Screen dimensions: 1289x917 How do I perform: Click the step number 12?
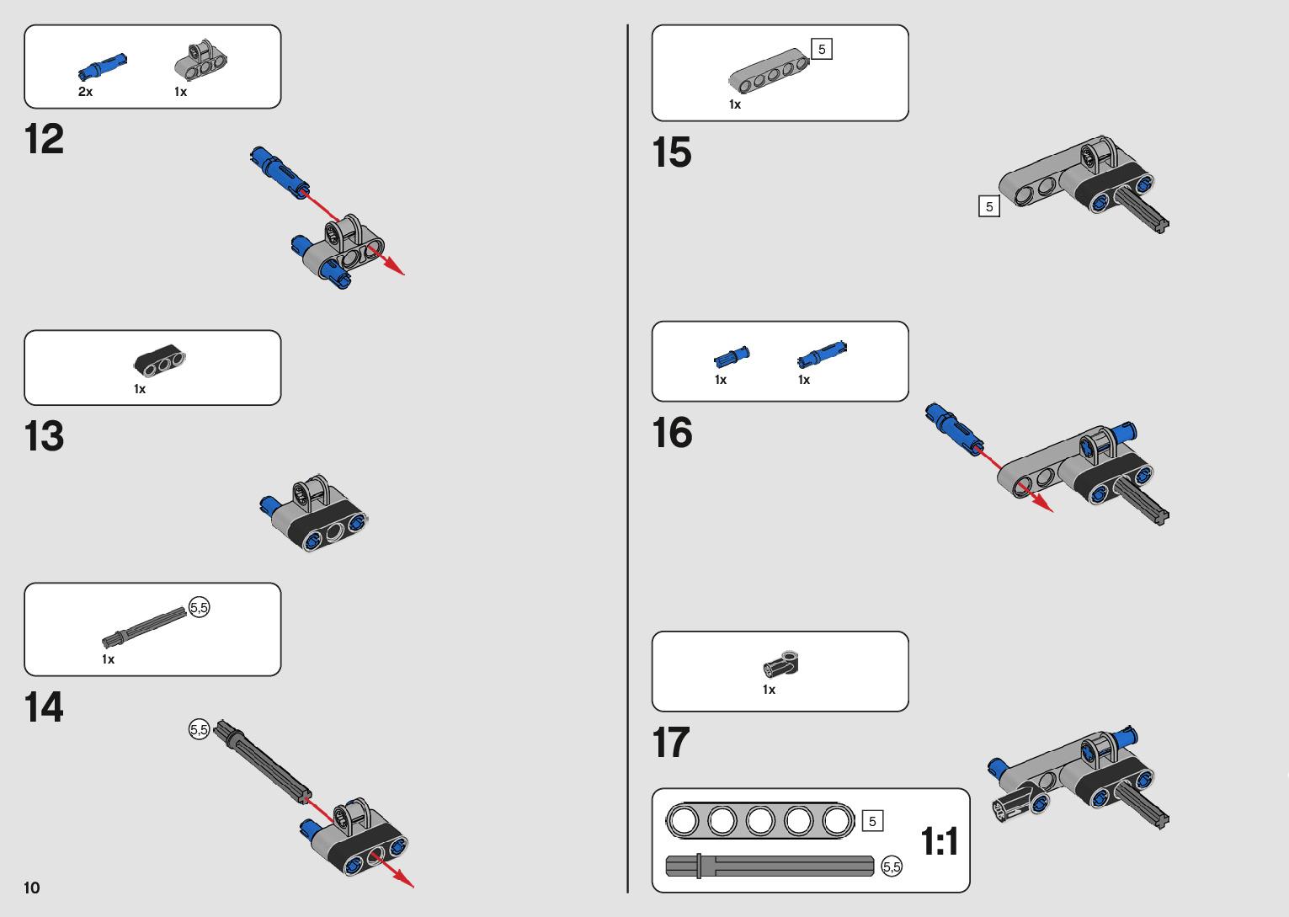tap(44, 139)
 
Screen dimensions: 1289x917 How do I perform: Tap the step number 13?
tap(44, 436)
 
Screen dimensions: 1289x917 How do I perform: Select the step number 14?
tap(44, 707)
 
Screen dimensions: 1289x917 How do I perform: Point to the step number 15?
tap(671, 153)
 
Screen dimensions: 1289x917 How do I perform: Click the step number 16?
tap(672, 433)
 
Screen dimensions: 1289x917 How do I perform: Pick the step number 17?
tap(671, 743)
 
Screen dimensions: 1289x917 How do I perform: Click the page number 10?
tap(32, 888)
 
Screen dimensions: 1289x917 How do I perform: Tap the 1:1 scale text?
tap(940, 841)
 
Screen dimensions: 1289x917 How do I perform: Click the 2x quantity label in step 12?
tap(85, 92)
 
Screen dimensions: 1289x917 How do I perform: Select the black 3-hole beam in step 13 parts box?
tap(160, 360)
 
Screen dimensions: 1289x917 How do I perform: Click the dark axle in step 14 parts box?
tap(145, 627)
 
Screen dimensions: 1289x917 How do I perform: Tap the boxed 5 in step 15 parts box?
tap(822, 49)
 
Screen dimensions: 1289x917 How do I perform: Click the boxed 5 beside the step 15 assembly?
tap(989, 206)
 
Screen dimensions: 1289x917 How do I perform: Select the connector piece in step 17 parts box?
tap(781, 664)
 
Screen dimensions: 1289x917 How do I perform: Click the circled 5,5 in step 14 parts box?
tap(200, 607)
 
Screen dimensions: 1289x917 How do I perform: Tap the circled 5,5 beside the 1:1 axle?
tap(892, 866)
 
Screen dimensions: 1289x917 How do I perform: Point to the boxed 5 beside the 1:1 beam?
tap(872, 821)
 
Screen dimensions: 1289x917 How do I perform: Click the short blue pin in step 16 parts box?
tap(732, 357)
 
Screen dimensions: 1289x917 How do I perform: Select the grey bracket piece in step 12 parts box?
tap(201, 61)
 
